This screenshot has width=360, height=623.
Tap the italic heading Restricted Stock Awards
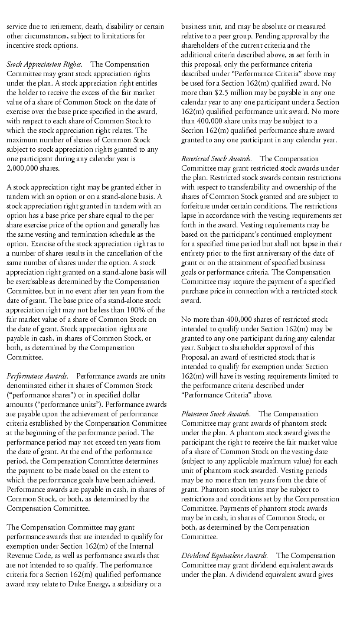click(x=217, y=158)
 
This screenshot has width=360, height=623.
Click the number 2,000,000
click(x=22, y=167)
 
